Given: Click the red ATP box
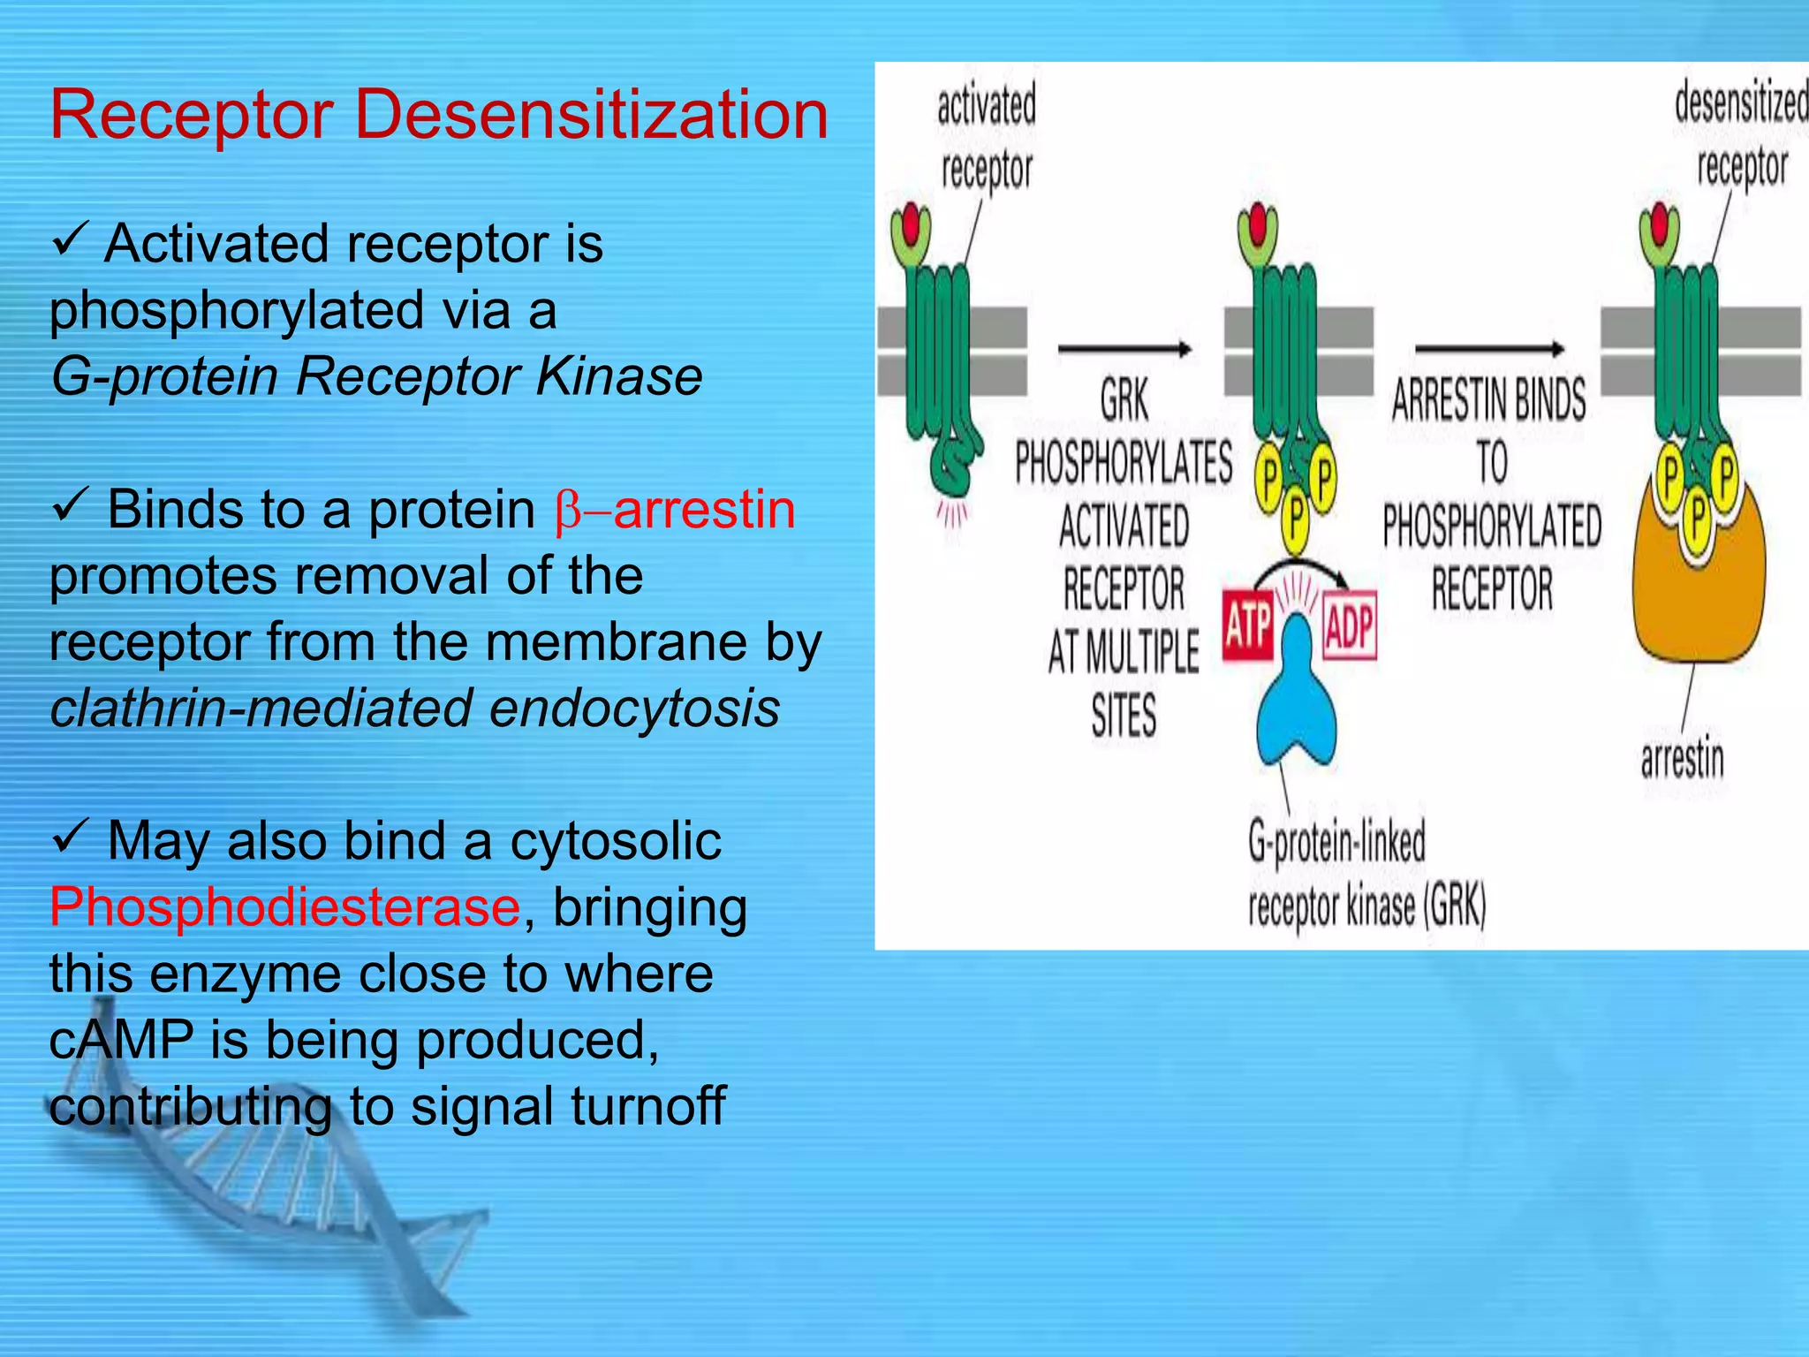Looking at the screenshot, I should [1247, 627].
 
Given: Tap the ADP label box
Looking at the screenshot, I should [1349, 627].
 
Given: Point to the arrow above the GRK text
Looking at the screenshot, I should [1124, 349].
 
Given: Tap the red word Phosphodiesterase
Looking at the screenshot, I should [284, 907].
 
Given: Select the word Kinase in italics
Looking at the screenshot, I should [618, 376].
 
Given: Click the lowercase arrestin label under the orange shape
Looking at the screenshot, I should [1682, 759].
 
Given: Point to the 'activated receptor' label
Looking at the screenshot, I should [987, 137].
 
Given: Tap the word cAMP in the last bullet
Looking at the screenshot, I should [121, 1040].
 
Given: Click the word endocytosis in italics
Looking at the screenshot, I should [634, 709].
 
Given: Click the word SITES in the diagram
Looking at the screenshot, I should [1123, 716].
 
